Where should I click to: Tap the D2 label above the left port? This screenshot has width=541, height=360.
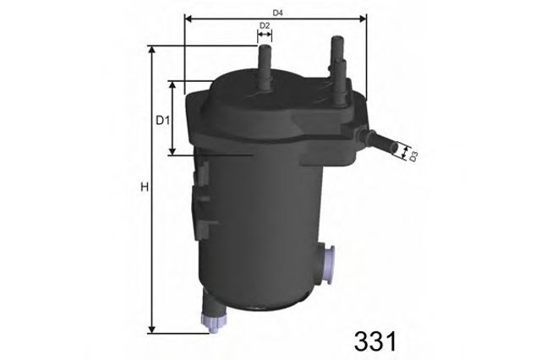click(x=265, y=26)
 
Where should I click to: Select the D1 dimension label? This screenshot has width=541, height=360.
click(x=163, y=119)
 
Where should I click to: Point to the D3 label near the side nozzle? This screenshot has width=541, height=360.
click(x=413, y=155)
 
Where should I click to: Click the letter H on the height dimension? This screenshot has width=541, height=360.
click(x=144, y=187)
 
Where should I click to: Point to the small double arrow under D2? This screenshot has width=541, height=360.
click(x=265, y=36)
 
